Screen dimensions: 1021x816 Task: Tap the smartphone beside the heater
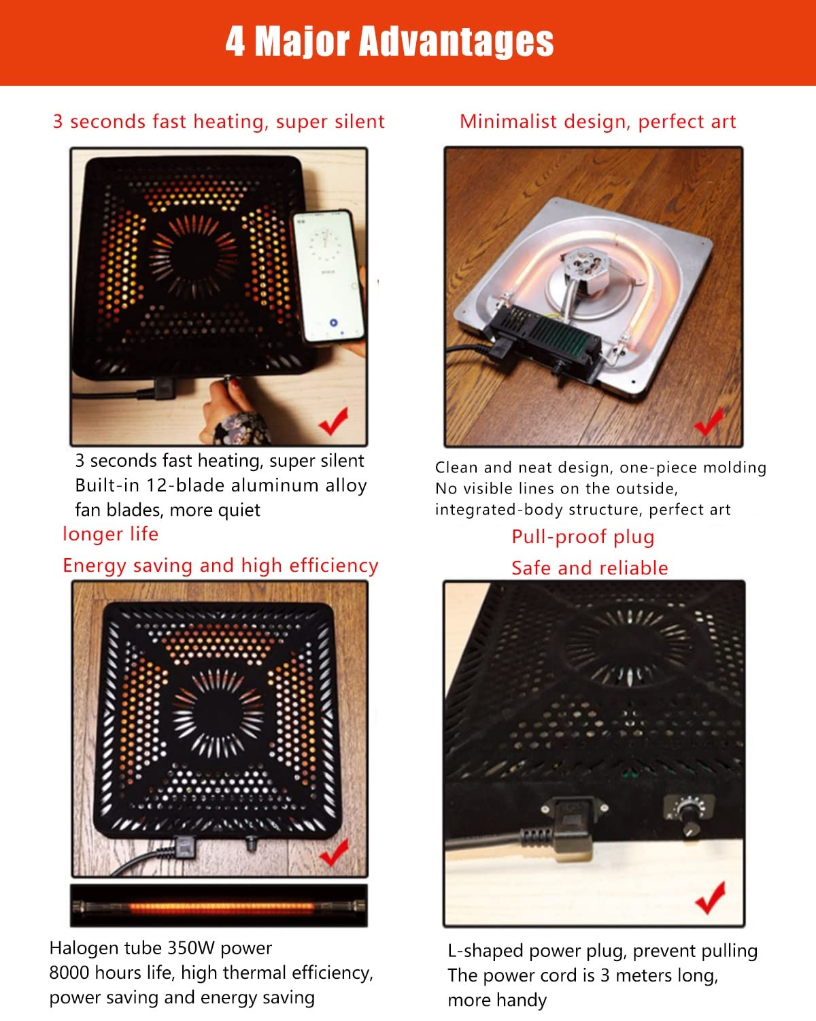(x=328, y=276)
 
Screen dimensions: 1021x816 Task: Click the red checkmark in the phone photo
(x=334, y=421)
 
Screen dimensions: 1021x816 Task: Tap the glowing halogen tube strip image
(x=219, y=906)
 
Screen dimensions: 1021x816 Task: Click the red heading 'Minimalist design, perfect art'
(x=598, y=122)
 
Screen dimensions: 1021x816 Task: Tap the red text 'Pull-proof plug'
(x=583, y=537)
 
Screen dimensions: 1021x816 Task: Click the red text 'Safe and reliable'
(x=590, y=568)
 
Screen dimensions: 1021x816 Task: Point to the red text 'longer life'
(x=110, y=534)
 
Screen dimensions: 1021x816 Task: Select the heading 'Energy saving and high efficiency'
(x=220, y=566)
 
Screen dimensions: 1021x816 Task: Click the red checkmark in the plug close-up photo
(x=711, y=898)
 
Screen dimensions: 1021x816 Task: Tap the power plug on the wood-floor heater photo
(x=184, y=848)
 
